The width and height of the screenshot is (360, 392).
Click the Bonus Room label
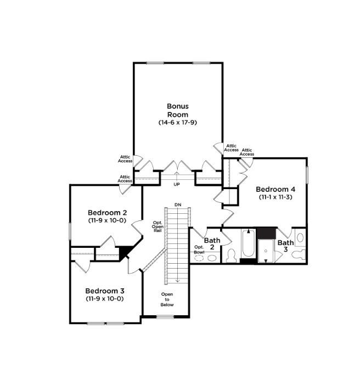tap(178, 110)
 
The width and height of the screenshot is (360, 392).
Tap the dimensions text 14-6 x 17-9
tap(178, 122)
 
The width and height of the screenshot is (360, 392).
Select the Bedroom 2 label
tap(108, 213)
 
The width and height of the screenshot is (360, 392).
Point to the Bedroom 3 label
tap(105, 291)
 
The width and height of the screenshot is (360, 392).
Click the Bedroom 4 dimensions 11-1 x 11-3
tap(275, 197)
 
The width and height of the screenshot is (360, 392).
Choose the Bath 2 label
tap(212, 244)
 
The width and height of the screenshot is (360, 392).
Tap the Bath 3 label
tap(285, 246)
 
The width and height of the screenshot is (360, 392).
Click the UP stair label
tap(177, 185)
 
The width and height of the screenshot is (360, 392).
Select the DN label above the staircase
tap(178, 204)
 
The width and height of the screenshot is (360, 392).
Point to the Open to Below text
tap(167, 299)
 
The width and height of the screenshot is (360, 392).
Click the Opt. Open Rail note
tap(157, 226)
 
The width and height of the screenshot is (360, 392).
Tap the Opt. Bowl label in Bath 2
tap(199, 249)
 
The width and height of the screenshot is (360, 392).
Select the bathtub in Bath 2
tap(249, 243)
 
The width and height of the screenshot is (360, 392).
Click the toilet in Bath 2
tap(232, 255)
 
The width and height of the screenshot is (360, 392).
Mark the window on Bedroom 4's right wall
tap(307, 175)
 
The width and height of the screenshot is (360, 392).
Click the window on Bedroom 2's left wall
tap(70, 231)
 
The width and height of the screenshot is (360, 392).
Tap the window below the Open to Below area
tap(165, 317)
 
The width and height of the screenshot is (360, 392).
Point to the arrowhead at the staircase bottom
tap(178, 281)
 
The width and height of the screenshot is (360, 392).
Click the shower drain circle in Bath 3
tap(266, 251)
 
